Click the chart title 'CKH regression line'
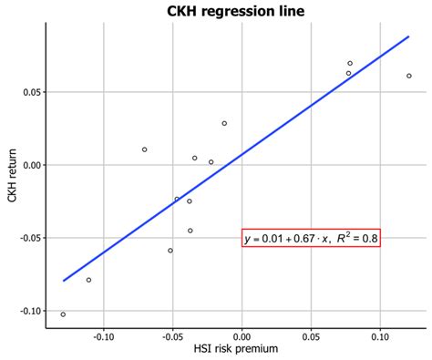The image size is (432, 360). coord(235,11)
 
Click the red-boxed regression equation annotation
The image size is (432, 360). coord(311,239)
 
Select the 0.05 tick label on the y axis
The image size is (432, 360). coord(30,92)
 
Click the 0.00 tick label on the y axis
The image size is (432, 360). coord(30,165)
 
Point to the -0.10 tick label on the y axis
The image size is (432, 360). coord(28,311)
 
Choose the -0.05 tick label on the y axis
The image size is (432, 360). coord(28,238)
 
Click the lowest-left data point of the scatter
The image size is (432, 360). coord(63,314)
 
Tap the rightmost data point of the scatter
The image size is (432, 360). coord(409,76)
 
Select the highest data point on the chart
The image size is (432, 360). coord(350,64)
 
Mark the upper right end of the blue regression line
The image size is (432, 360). coord(409,36)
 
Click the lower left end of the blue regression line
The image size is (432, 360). coord(63,281)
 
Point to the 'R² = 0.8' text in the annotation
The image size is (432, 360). coord(353,239)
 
